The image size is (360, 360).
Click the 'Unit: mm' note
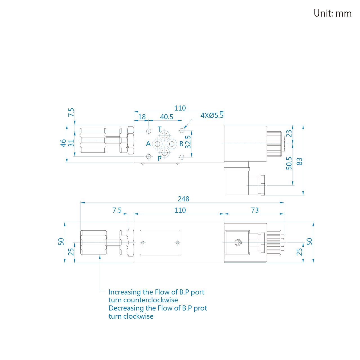[332, 13]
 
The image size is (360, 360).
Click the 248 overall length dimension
[183, 199]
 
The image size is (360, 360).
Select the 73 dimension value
[255, 210]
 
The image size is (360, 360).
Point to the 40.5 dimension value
[166, 117]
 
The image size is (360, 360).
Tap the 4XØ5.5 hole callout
[212, 116]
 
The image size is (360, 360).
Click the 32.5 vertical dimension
[188, 142]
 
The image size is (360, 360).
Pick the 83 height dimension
[299, 161]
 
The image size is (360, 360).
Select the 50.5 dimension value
[289, 163]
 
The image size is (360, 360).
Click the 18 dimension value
[142, 117]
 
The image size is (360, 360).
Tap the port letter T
[159, 129]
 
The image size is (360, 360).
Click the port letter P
[159, 159]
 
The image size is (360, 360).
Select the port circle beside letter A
[157, 144]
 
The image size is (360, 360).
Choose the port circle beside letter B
[172, 144]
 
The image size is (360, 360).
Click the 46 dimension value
[63, 143]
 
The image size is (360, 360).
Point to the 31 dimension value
[71, 143]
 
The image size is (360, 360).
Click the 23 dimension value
[289, 134]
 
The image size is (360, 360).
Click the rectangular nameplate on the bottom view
[160, 243]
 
